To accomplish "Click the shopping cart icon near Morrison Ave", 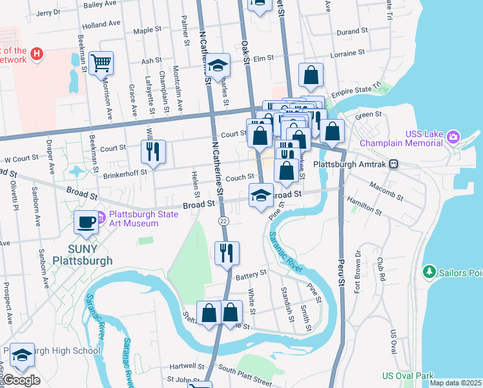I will (101, 63).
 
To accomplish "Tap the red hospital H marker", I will (37, 54).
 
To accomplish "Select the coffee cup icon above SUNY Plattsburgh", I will (86, 222).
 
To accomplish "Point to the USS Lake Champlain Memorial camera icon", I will (453, 136).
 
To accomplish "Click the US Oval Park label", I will (407, 376).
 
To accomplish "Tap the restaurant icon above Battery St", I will (226, 253).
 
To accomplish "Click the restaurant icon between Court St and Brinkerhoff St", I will (153, 151).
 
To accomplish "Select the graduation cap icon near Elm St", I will (219, 65).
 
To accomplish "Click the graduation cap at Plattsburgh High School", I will (21, 354).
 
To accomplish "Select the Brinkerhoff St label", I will (125, 173).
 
